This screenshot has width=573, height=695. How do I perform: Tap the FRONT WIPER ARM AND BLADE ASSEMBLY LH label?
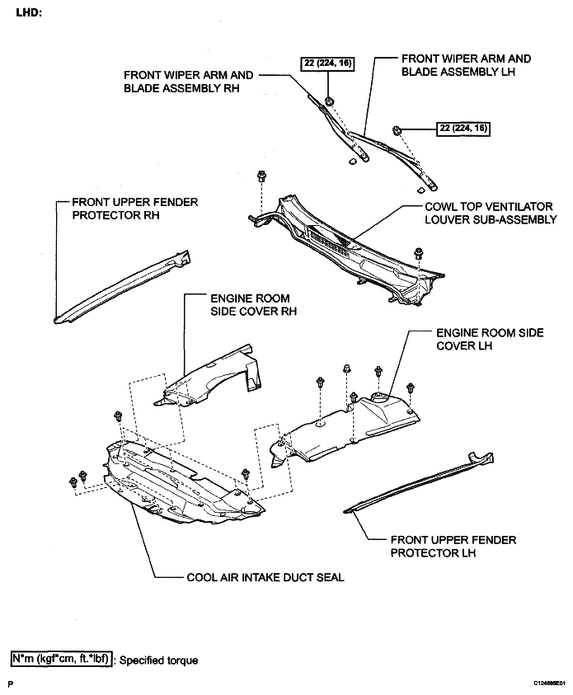point(466,65)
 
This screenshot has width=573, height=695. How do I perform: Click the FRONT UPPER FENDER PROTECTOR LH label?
point(453,547)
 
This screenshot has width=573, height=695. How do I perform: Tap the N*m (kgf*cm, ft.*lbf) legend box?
point(60,660)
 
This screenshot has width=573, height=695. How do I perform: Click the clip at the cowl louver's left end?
point(262,176)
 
